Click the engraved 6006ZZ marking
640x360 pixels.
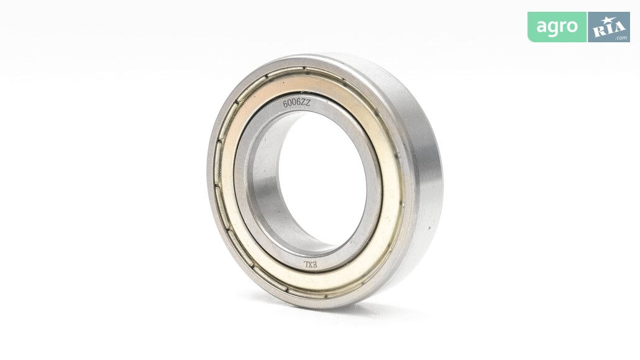pos(297,104)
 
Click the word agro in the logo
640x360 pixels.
pos(557,27)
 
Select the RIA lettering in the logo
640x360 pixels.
pos(609,28)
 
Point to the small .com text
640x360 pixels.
pos(621,38)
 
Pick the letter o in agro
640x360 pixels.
pos(572,27)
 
